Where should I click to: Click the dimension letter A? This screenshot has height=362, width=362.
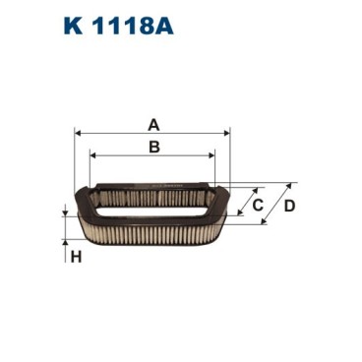click(152, 124)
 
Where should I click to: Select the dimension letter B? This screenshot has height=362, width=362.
click(152, 148)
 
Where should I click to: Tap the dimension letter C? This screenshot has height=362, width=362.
click(258, 206)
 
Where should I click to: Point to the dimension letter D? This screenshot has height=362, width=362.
click(288, 206)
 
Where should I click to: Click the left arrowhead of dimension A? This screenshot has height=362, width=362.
click(79, 134)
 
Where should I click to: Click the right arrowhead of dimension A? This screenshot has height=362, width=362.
click(226, 134)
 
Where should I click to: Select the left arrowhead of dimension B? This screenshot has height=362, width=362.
click(93, 155)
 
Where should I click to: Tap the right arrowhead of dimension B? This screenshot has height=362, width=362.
click(211, 155)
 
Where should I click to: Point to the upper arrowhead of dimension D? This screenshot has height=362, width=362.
click(293, 185)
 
